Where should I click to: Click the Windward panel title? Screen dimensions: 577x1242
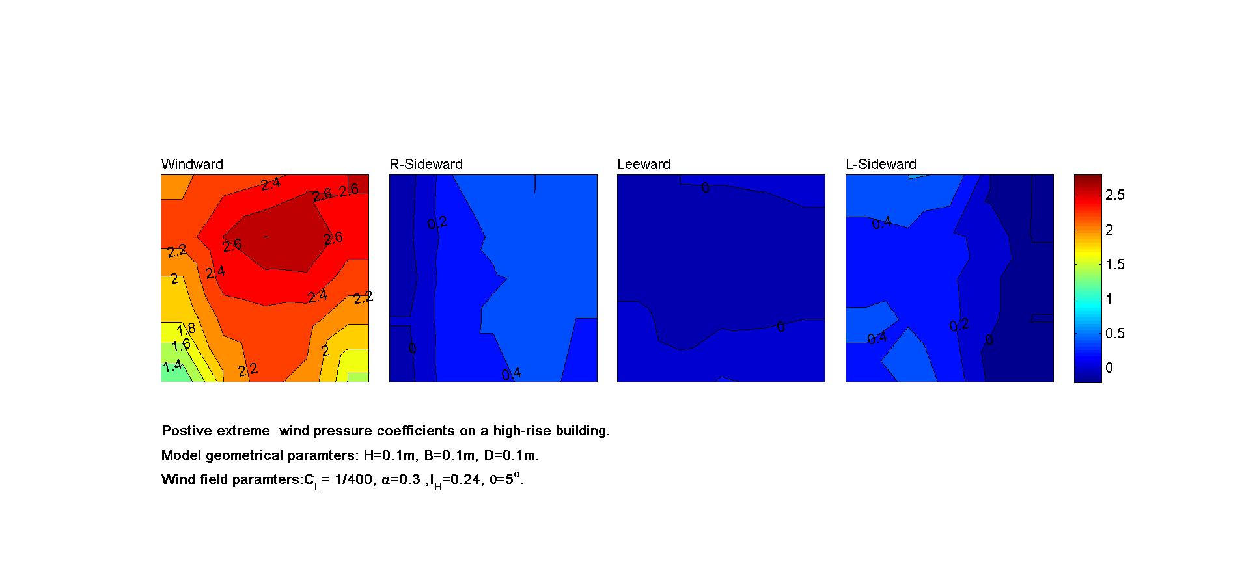pos(192,165)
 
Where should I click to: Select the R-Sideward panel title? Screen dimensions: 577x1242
pos(426,165)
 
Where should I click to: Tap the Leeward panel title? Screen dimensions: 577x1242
pos(643,165)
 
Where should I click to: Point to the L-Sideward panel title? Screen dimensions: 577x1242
pos(881,165)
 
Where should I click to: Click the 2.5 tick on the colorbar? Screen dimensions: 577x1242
pos(1115,195)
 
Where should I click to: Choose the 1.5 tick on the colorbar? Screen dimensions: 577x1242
pos(1115,264)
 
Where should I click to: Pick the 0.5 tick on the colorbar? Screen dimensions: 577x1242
pos(1115,334)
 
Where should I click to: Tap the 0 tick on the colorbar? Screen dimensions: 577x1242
pos(1109,368)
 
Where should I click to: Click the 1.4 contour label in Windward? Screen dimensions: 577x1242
pos(172,366)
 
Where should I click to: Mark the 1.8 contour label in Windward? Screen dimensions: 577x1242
pos(186,330)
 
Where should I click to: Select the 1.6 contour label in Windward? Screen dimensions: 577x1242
pos(180,345)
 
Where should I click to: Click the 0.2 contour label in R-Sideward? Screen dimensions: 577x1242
pos(437,223)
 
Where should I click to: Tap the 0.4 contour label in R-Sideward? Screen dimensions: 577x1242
pos(511,373)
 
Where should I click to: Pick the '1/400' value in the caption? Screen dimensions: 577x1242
pos(356,480)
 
